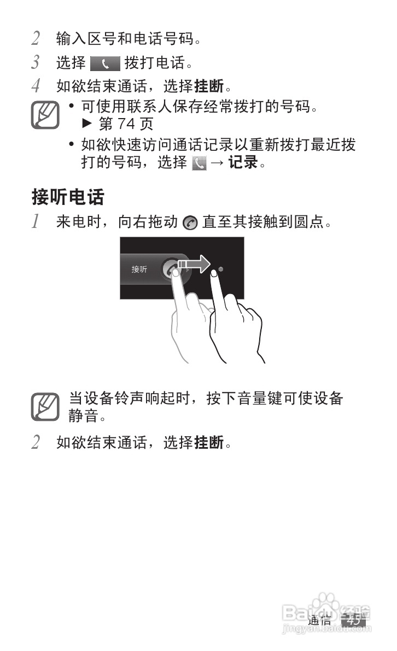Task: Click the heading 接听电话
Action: (68, 196)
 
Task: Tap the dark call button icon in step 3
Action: (104, 63)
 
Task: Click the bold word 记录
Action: (242, 162)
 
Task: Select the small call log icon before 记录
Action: (198, 163)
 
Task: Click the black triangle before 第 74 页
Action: (85, 124)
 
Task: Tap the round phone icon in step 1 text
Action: (190, 222)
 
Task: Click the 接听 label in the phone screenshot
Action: (139, 269)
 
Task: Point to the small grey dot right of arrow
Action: (220, 269)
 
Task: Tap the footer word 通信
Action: (319, 620)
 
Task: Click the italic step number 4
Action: (36, 86)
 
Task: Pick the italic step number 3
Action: (36, 63)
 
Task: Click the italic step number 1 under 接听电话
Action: (36, 222)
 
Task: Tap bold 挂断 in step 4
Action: (209, 86)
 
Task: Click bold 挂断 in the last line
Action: (209, 442)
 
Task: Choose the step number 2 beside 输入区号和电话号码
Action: (36, 39)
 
